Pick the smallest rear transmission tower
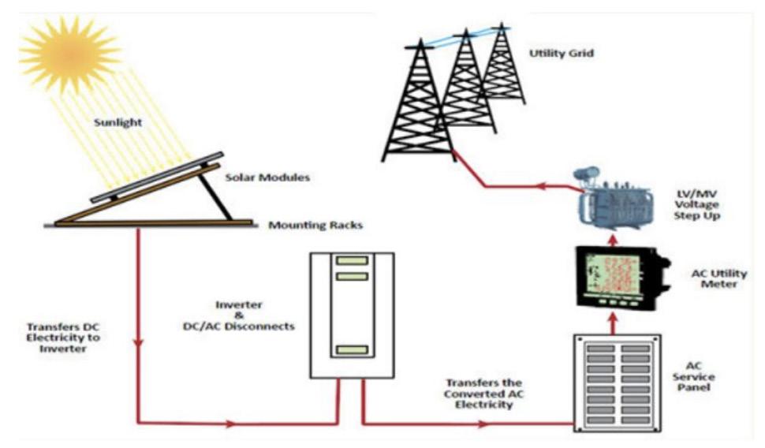tap(502, 67)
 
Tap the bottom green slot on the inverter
tap(352, 349)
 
